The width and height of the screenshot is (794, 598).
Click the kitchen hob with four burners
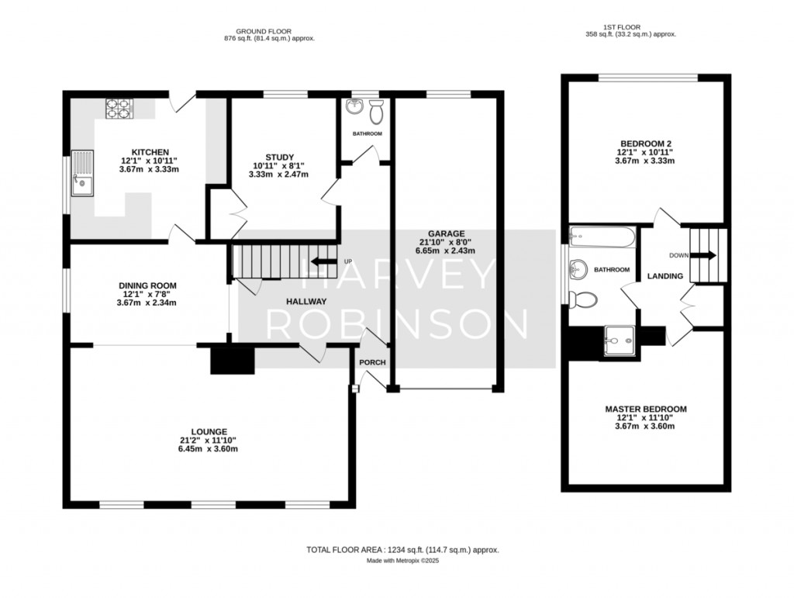click(x=118, y=109)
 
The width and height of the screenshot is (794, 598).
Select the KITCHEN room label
click(x=150, y=152)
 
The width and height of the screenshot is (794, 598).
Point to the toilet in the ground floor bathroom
click(x=377, y=112)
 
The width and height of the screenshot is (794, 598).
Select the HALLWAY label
click(x=306, y=302)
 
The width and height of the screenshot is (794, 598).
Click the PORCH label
click(x=371, y=362)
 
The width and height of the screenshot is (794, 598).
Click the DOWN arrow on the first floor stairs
click(x=706, y=255)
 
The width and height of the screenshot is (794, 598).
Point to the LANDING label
click(x=665, y=276)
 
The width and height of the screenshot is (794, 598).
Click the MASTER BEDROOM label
click(x=645, y=409)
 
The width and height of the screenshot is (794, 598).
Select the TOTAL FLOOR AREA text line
click(x=402, y=550)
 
